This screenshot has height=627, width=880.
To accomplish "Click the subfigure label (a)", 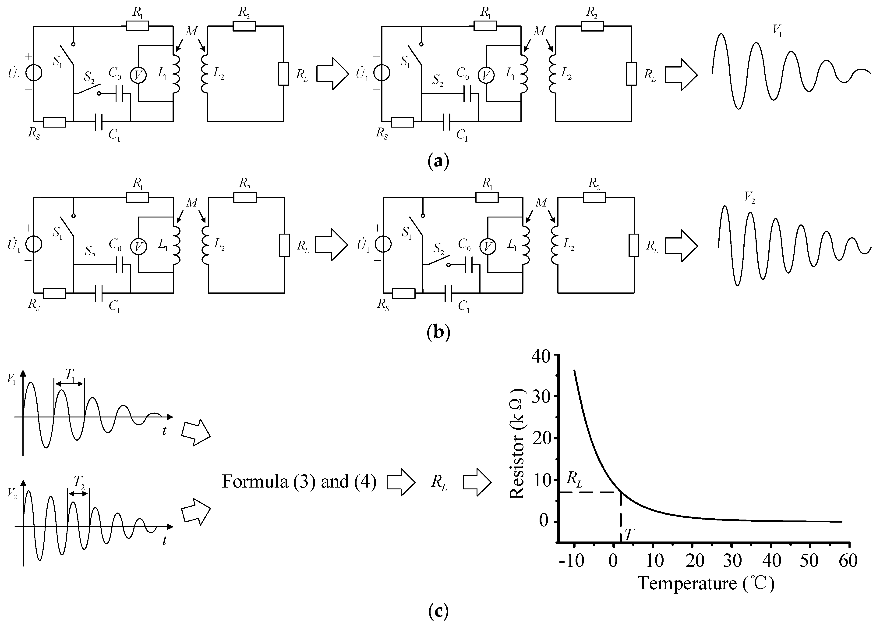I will (438, 161).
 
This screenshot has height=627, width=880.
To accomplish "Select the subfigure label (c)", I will (438, 611).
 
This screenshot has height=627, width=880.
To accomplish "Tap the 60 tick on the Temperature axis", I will (848, 561).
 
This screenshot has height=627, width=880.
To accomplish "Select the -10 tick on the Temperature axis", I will (572, 561).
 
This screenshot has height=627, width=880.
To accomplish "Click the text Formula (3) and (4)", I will (299, 482).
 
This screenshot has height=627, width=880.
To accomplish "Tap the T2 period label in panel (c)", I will (79, 482).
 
